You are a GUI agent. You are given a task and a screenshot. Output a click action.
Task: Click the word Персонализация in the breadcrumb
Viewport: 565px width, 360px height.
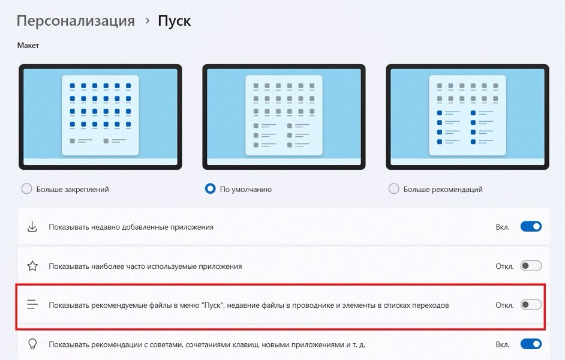[x=76, y=21]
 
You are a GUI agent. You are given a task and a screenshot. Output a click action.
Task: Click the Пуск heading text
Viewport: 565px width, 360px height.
[x=174, y=21]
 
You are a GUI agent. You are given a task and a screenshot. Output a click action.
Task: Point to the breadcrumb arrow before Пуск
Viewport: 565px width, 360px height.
[x=147, y=20]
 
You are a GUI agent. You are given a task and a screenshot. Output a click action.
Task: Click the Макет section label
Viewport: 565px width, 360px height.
[x=28, y=46]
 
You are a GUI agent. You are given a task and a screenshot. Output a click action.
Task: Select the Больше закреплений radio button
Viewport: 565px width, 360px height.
[x=26, y=188]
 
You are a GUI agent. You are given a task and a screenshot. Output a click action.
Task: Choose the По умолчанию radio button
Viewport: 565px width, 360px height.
[x=210, y=188]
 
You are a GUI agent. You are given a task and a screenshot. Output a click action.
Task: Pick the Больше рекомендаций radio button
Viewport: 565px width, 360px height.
[x=394, y=188]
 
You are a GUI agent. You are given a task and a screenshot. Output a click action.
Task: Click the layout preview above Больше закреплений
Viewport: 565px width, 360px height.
[x=100, y=117]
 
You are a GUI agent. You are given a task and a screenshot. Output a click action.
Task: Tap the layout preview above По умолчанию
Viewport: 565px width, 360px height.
[x=284, y=117]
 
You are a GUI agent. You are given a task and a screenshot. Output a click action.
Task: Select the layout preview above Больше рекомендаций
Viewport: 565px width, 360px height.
[x=467, y=117]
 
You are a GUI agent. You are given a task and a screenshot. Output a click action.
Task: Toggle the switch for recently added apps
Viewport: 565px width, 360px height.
[x=531, y=226]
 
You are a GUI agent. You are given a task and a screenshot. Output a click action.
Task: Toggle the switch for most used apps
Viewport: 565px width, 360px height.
[x=531, y=266]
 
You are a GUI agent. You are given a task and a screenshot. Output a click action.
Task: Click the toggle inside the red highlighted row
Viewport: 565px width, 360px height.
[x=531, y=305]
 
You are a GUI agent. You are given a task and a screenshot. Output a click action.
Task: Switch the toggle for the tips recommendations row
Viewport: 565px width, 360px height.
[x=531, y=344]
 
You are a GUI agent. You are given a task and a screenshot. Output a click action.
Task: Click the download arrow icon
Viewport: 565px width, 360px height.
[x=32, y=227]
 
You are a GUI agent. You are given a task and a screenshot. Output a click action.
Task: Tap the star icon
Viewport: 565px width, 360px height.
[x=32, y=266]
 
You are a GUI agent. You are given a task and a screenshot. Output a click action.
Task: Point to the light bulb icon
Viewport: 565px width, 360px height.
[x=32, y=344]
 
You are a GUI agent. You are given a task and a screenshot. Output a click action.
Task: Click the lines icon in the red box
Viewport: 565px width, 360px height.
[x=32, y=305]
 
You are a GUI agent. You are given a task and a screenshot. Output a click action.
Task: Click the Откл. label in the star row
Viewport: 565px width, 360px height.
[x=504, y=266]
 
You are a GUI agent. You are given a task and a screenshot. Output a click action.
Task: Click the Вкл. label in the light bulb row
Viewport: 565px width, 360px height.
[x=502, y=344]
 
